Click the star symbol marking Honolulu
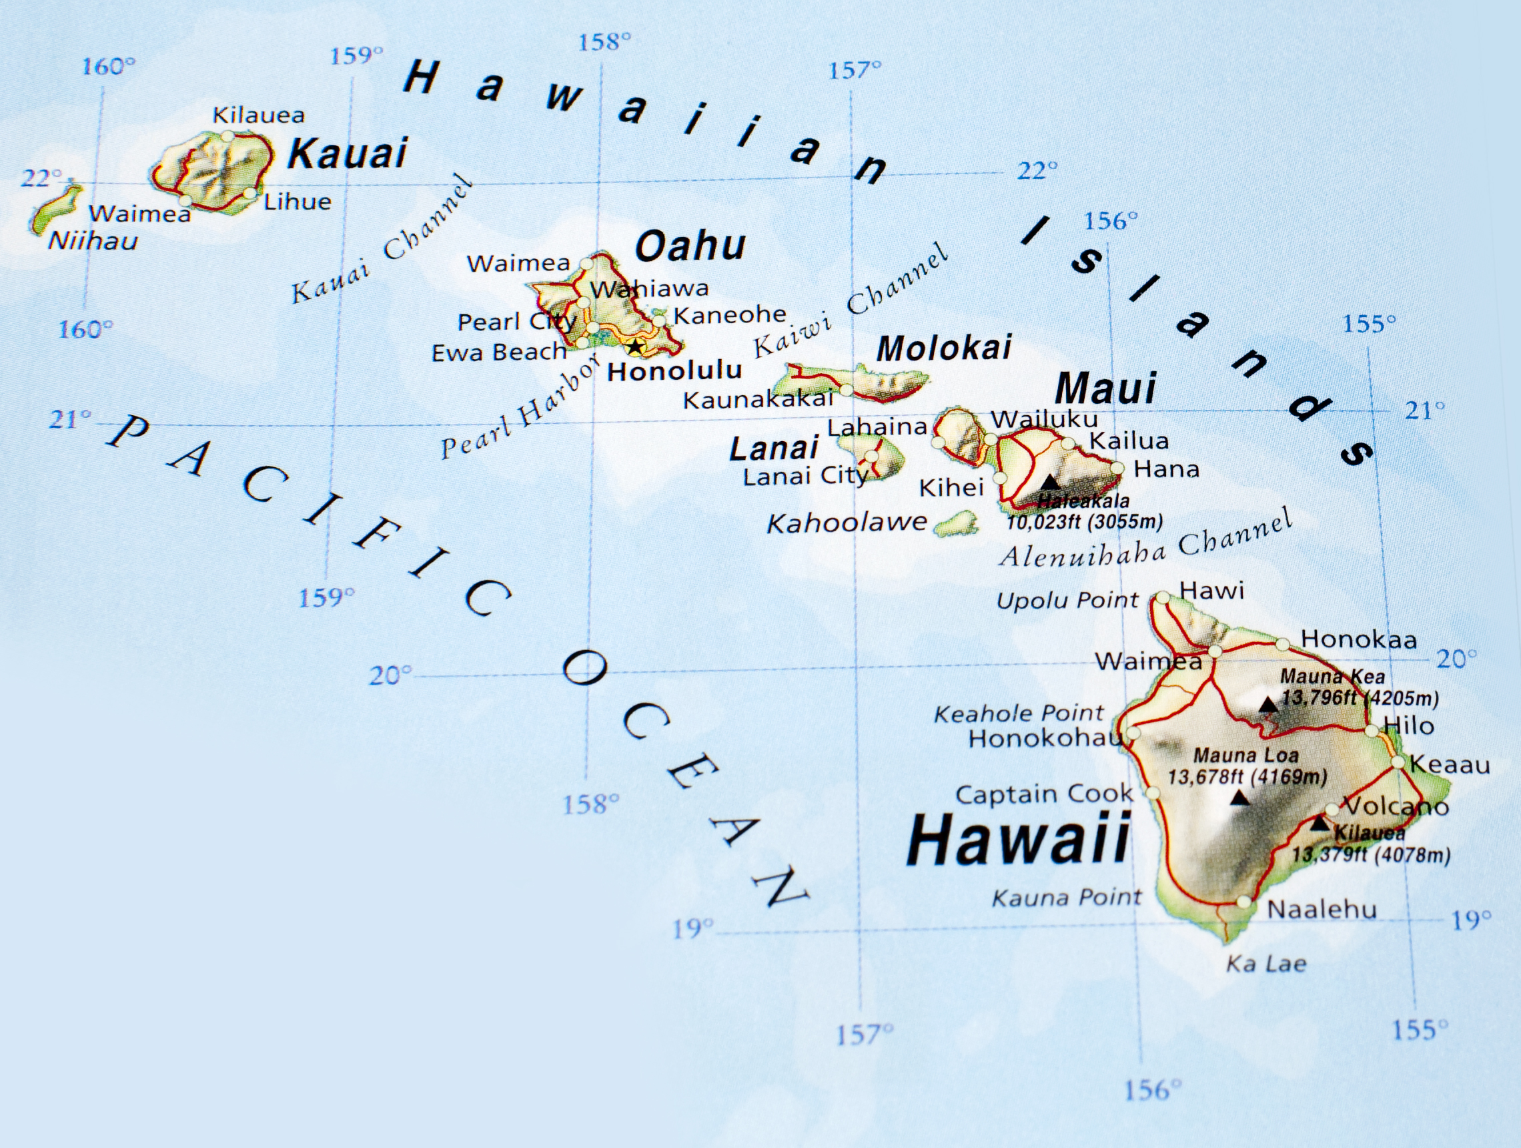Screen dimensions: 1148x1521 click(x=635, y=346)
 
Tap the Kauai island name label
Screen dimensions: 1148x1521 click(x=348, y=153)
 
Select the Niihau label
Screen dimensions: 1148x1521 click(x=93, y=241)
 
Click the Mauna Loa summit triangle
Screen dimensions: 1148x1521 click(x=1239, y=798)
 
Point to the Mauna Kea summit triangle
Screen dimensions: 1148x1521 click(x=1269, y=705)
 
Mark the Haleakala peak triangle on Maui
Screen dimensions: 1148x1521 click(x=1050, y=481)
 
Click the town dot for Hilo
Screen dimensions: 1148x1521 click(x=1371, y=730)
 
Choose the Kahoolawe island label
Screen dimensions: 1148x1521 click(x=847, y=523)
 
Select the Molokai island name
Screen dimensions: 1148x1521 click(x=944, y=348)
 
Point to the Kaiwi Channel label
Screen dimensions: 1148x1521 click(x=851, y=300)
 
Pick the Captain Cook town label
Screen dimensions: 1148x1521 click(x=1044, y=794)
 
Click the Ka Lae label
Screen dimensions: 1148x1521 click(x=1266, y=964)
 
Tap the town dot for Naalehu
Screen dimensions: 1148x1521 click(x=1243, y=901)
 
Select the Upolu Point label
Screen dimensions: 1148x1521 click(x=1067, y=601)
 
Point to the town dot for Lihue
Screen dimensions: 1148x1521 click(x=250, y=194)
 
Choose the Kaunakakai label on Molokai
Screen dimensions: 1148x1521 click(x=758, y=399)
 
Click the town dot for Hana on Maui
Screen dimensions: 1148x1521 click(x=1117, y=469)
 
